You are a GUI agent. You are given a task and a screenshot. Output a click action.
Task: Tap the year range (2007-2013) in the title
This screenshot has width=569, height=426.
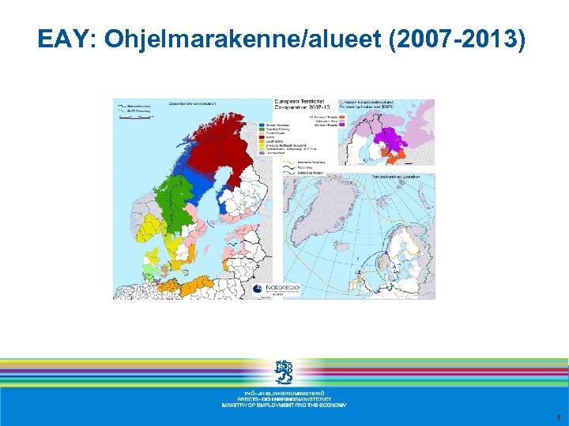457,39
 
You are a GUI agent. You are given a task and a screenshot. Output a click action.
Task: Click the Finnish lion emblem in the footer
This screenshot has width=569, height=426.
284,372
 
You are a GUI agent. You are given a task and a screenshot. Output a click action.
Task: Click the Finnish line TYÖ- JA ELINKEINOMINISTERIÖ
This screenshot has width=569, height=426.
284,392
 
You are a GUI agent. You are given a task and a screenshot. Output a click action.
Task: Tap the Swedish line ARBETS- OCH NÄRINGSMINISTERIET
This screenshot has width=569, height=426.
284,398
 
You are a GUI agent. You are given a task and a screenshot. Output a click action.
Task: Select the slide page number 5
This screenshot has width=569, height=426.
557,417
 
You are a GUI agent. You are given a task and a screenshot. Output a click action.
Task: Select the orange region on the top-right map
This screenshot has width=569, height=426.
412,158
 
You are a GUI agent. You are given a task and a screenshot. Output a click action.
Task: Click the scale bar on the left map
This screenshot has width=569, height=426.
133,115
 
